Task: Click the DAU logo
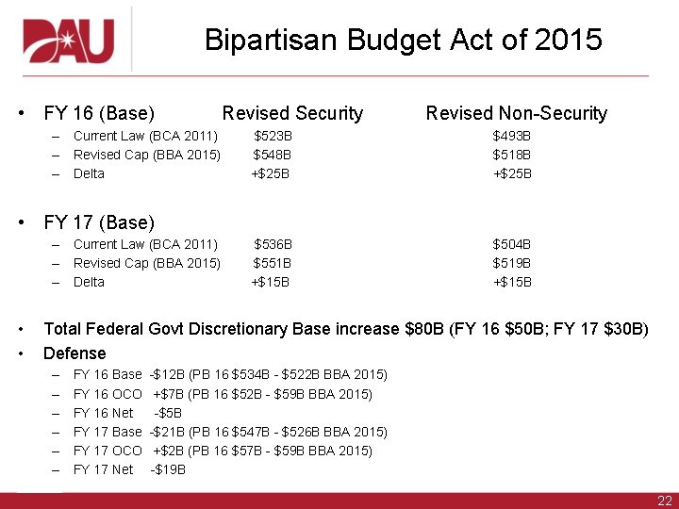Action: coord(69,41)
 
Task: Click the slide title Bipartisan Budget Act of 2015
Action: coord(403,41)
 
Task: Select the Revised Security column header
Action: coord(292,114)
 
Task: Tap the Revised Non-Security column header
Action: coord(516,114)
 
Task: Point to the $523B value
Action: coord(273,137)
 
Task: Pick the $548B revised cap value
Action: coord(272,155)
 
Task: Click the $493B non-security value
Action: coord(512,137)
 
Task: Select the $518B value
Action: coord(512,155)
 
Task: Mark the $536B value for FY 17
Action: coord(273,245)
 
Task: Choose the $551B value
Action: coord(272,263)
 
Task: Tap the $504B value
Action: coord(512,245)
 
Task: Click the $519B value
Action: coord(512,263)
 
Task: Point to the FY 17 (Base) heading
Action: coord(99,223)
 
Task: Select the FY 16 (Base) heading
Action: coord(99,114)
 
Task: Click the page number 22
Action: coord(664,501)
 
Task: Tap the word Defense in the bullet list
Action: coord(75,353)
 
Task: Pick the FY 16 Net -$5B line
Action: coord(127,413)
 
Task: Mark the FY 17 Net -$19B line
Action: coord(129,469)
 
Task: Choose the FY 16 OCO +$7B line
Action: coord(223,394)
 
